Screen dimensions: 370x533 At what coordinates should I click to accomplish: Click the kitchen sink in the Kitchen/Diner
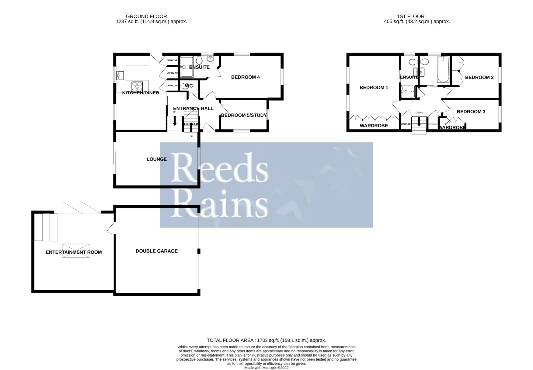120,76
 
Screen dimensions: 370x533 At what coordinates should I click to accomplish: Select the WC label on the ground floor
189,86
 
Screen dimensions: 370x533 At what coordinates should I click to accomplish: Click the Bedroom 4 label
245,77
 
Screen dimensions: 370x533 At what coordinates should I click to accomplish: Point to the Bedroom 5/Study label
244,115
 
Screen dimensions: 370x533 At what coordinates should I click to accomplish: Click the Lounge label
157,159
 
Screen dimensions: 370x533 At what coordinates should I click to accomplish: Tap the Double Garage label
157,251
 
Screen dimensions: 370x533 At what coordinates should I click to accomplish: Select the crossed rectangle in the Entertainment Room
76,251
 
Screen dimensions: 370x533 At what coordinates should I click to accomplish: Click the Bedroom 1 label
374,88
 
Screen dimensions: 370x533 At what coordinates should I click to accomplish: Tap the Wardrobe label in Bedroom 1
374,126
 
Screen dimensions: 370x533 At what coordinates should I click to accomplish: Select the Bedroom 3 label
471,112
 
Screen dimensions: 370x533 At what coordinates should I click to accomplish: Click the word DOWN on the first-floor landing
419,113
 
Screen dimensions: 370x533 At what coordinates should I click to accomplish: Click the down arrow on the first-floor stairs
419,122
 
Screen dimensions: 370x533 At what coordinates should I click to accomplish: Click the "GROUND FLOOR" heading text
146,16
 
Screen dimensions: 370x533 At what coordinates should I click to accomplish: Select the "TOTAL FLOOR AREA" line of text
266,340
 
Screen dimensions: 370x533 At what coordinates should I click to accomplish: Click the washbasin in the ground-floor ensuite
211,59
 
